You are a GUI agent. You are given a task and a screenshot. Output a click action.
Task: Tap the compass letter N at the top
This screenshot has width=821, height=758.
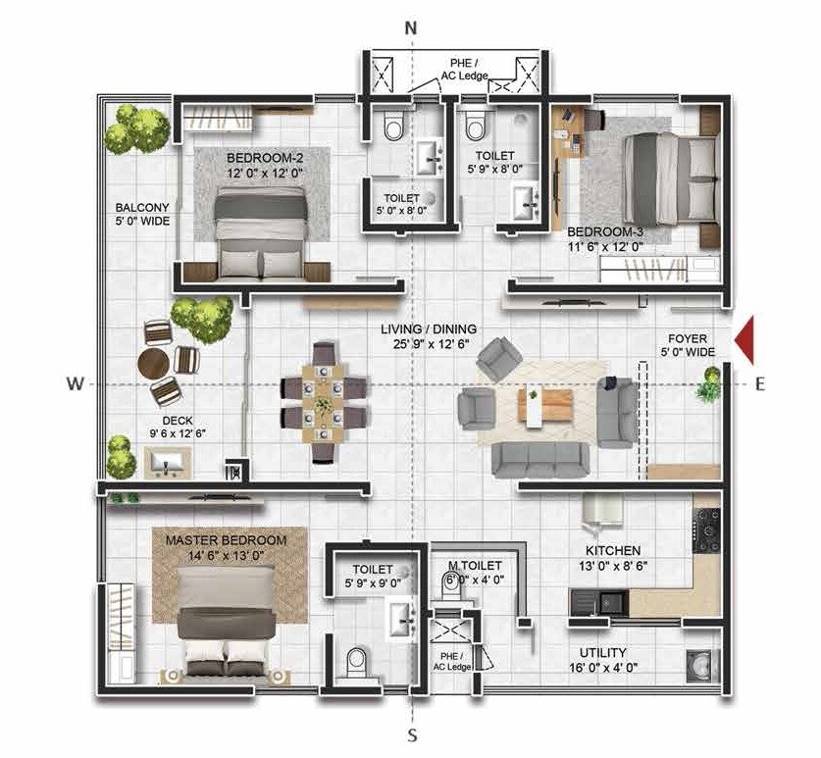coord(411,27)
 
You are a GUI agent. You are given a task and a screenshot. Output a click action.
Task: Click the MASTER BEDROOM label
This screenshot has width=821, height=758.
coord(226,540)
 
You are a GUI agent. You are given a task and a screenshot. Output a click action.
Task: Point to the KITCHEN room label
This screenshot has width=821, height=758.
coord(613,551)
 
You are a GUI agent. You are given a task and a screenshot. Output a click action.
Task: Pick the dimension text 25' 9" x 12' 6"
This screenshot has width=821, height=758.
coord(427,344)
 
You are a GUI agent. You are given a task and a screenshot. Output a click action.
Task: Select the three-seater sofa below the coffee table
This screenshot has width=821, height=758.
coord(539,459)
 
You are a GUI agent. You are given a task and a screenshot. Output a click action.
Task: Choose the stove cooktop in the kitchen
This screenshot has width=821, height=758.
coord(706,531)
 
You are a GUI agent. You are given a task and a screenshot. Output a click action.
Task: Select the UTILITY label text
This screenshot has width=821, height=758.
coord(602,652)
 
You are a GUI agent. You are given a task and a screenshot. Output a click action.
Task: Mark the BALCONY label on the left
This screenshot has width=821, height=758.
coord(142,208)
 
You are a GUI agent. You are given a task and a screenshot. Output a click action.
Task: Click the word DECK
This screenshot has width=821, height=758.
coord(177,419)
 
